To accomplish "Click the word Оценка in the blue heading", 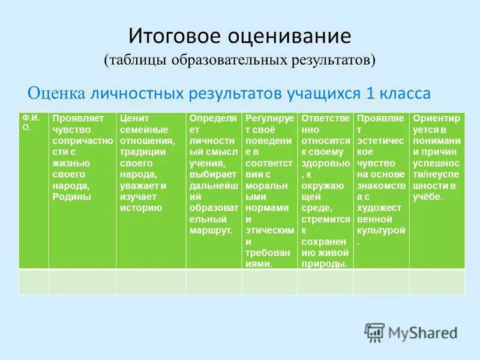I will point(57,94).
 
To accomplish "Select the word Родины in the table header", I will point(71,197).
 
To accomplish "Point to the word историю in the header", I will point(141,208).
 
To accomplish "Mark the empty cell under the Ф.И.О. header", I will point(34,282).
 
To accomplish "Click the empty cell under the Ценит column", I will point(151,282).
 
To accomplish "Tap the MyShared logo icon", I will point(374,332).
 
